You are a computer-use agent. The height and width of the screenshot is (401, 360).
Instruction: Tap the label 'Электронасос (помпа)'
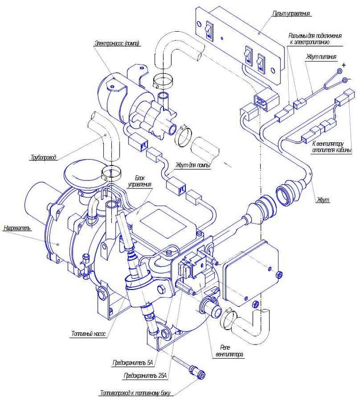[117, 43]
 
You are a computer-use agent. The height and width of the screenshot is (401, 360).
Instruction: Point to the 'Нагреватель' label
[17, 228]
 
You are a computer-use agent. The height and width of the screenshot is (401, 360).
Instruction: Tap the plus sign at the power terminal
[343, 65]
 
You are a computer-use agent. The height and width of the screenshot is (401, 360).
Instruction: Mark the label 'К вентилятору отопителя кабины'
[332, 147]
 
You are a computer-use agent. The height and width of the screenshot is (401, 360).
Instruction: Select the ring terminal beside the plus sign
[340, 71]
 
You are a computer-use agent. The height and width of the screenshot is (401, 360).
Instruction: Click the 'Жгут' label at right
[323, 200]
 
